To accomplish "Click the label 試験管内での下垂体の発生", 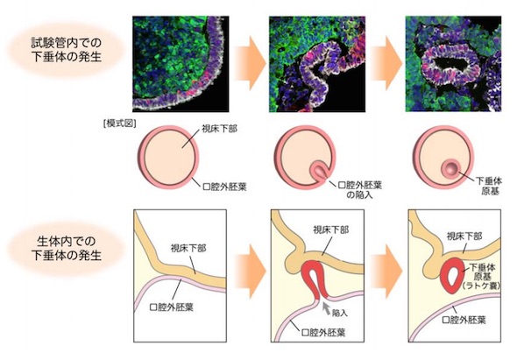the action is (x=67, y=49).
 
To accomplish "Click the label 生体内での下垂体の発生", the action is (x=67, y=248).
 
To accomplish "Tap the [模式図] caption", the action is (x=119, y=124).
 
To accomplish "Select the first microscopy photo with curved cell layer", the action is (x=181, y=64).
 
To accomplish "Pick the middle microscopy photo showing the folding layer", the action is (x=317, y=64).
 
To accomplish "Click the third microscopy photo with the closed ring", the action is (x=453, y=64).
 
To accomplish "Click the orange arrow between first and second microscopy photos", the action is (x=250, y=63).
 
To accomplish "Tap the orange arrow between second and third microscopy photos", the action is (x=386, y=63).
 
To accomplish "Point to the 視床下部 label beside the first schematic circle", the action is (x=219, y=129).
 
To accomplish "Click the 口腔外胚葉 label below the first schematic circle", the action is (x=224, y=187).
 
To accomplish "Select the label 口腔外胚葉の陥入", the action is (x=360, y=189).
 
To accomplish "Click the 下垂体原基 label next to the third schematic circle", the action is (x=489, y=186).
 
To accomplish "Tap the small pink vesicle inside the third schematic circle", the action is (x=450, y=168).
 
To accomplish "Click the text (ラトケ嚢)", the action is (x=481, y=286).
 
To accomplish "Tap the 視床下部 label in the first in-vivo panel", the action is (x=188, y=248).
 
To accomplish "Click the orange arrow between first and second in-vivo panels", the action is (x=250, y=271).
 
